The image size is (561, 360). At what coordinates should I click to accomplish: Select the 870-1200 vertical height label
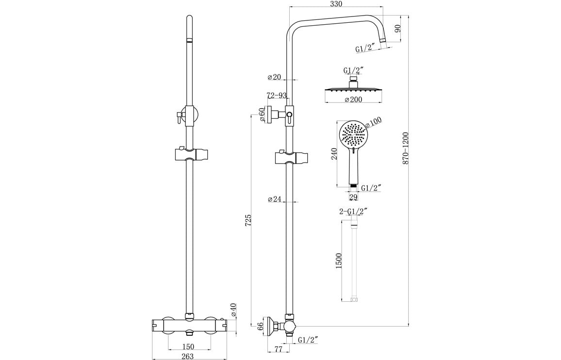406,148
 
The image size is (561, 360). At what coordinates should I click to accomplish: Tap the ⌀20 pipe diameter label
274,78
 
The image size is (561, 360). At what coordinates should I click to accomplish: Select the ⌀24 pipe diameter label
275,199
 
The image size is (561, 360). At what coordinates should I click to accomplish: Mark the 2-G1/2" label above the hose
353,211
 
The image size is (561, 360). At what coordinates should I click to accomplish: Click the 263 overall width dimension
188,357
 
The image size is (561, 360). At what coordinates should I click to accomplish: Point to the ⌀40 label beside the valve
233,310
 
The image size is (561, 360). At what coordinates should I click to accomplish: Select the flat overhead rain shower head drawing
354,89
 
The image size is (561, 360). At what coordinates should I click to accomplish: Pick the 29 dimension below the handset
353,197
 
